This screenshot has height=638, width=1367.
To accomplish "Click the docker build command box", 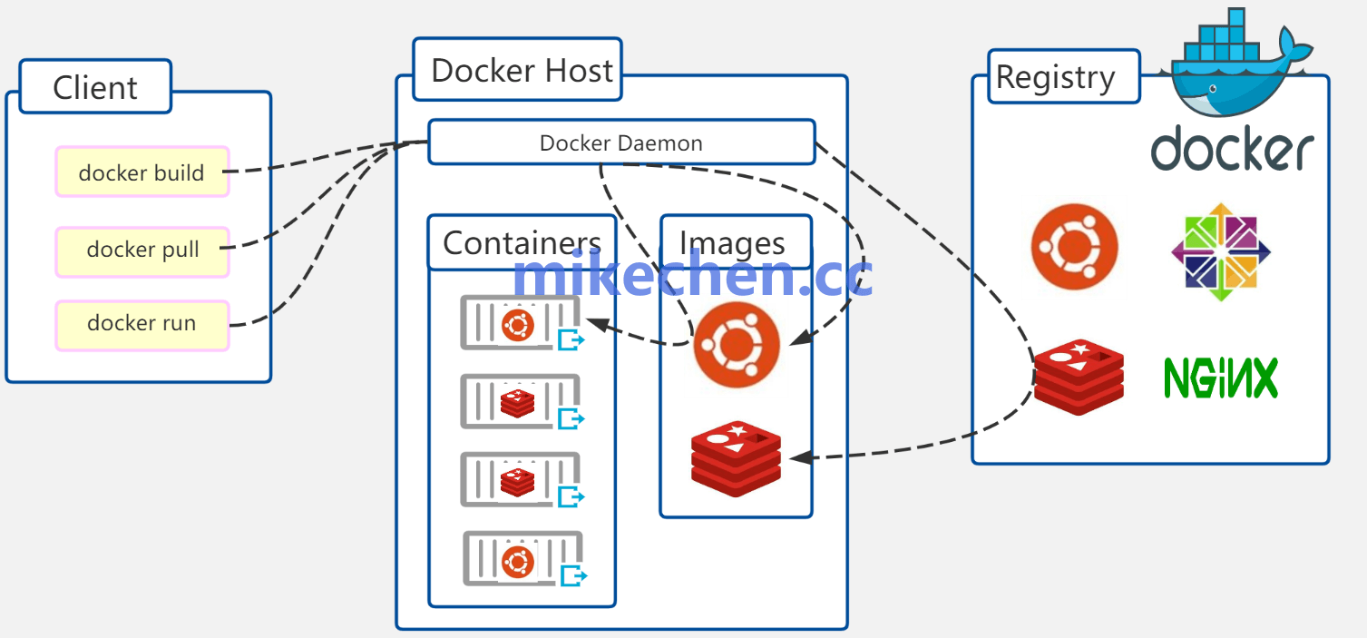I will click(x=142, y=172).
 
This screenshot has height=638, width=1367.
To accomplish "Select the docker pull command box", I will click(x=142, y=250).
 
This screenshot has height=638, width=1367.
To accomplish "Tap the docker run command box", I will click(x=142, y=324).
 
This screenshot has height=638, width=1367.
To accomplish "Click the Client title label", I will click(x=95, y=87).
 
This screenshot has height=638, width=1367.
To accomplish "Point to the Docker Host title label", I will click(x=521, y=70).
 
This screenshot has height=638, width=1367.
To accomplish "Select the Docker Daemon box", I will click(x=620, y=142).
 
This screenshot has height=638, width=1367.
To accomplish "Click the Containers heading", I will click(x=522, y=242).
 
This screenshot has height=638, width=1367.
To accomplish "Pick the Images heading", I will click(x=732, y=242).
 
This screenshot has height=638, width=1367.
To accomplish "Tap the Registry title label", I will click(x=1055, y=76).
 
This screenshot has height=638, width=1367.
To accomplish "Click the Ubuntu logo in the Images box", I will click(x=737, y=345).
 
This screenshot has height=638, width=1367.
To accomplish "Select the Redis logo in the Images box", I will click(x=736, y=458).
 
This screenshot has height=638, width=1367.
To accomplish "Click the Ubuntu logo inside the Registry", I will click(x=1074, y=247).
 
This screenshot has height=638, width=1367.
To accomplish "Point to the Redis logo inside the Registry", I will click(x=1079, y=377).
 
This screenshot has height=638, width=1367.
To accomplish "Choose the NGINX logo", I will click(x=1221, y=378).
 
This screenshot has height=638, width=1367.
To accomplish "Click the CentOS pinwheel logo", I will click(x=1220, y=251).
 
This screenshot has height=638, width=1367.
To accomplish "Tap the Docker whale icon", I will click(x=1239, y=64).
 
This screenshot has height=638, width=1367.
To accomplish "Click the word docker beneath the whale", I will click(x=1232, y=150).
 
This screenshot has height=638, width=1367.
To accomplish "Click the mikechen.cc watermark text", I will click(x=692, y=276).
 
